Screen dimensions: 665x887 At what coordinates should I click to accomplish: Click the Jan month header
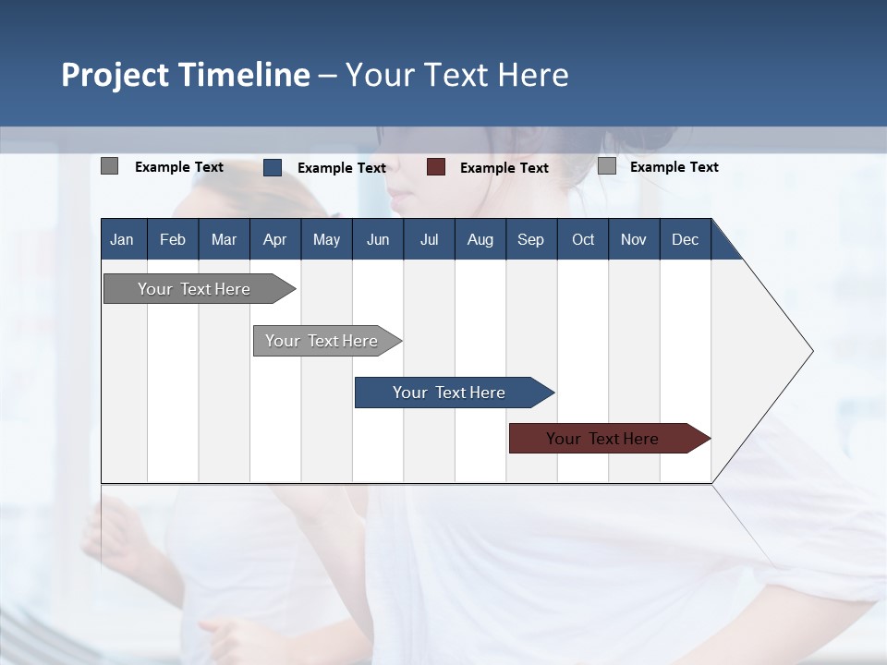122,239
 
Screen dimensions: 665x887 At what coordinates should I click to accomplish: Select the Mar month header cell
224,239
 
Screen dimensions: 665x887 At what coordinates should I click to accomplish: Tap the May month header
326,239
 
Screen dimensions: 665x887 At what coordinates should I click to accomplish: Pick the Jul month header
429,239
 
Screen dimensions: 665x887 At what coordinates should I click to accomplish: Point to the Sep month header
530,239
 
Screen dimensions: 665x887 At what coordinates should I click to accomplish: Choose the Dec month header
685,239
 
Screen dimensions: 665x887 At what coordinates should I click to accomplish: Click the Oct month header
583,239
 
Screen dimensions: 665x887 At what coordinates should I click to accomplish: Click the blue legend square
273,167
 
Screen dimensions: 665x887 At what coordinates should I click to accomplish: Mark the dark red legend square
436,167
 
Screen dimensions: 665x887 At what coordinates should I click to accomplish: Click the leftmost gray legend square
109,166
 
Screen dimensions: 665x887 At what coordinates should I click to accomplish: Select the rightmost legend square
607,166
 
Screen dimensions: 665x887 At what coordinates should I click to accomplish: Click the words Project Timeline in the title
185,75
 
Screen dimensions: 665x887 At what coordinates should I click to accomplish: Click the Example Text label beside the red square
504,168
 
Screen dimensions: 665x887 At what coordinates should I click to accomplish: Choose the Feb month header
173,239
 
